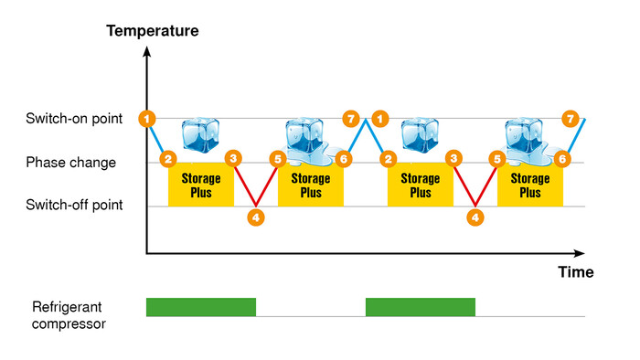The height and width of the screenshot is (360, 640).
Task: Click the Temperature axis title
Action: pos(152,31)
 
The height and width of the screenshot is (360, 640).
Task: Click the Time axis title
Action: pos(576,272)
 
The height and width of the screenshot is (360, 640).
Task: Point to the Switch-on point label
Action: pos(69,119)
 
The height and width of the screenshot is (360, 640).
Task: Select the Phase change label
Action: pos(70,163)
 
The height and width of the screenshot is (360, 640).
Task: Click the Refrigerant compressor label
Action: pos(69,314)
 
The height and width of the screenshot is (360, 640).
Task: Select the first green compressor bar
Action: pos(201,307)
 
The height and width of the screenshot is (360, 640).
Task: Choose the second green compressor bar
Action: pos(421,307)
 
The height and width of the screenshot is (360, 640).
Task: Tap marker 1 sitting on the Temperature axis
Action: pos(147,118)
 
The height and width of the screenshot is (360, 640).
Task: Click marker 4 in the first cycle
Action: pos(256,217)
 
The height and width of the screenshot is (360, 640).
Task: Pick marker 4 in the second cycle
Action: pos(475,217)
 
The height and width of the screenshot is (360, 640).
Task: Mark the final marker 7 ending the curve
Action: pos(571,119)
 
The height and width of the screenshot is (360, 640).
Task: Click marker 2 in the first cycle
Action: pos(167,159)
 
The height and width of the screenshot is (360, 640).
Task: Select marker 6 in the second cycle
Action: pos(563,159)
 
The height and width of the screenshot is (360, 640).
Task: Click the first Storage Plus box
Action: pos(201,185)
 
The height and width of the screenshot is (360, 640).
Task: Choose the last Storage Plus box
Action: pos(529,185)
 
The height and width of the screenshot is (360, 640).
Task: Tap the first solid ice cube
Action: pos(201,135)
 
